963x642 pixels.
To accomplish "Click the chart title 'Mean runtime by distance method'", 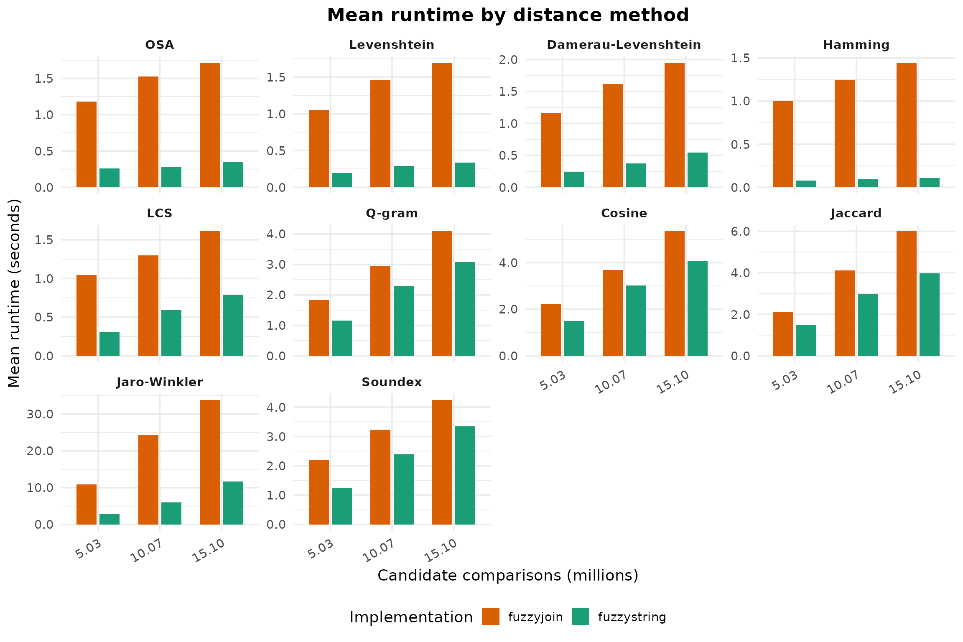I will [507, 15].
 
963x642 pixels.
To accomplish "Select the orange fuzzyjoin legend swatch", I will [490, 617].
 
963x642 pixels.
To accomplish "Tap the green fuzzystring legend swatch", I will [581, 617].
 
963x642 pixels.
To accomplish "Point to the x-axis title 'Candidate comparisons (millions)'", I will [507, 576].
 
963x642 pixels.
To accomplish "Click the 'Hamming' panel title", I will [856, 45].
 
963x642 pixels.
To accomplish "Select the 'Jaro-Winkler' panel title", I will [159, 382].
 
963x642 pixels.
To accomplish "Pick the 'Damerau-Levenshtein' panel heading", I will [624, 45].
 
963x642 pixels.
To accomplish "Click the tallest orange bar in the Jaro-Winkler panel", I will [210, 462].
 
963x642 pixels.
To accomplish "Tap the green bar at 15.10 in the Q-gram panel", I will [465, 309].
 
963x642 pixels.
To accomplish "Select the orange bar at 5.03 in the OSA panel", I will [87, 144].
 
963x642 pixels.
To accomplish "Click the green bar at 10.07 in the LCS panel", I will [171, 333].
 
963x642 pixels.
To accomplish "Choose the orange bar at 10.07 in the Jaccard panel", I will [844, 313].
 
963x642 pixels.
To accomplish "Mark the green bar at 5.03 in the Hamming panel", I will [806, 184].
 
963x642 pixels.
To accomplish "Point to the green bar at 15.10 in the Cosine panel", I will [697, 308].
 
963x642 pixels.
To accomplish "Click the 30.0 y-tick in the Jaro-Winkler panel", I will [40, 414].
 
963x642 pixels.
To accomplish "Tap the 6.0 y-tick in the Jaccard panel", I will [741, 232].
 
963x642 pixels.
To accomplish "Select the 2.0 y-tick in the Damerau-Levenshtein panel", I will [508, 60].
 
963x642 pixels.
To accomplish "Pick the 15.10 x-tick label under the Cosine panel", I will [673, 382].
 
